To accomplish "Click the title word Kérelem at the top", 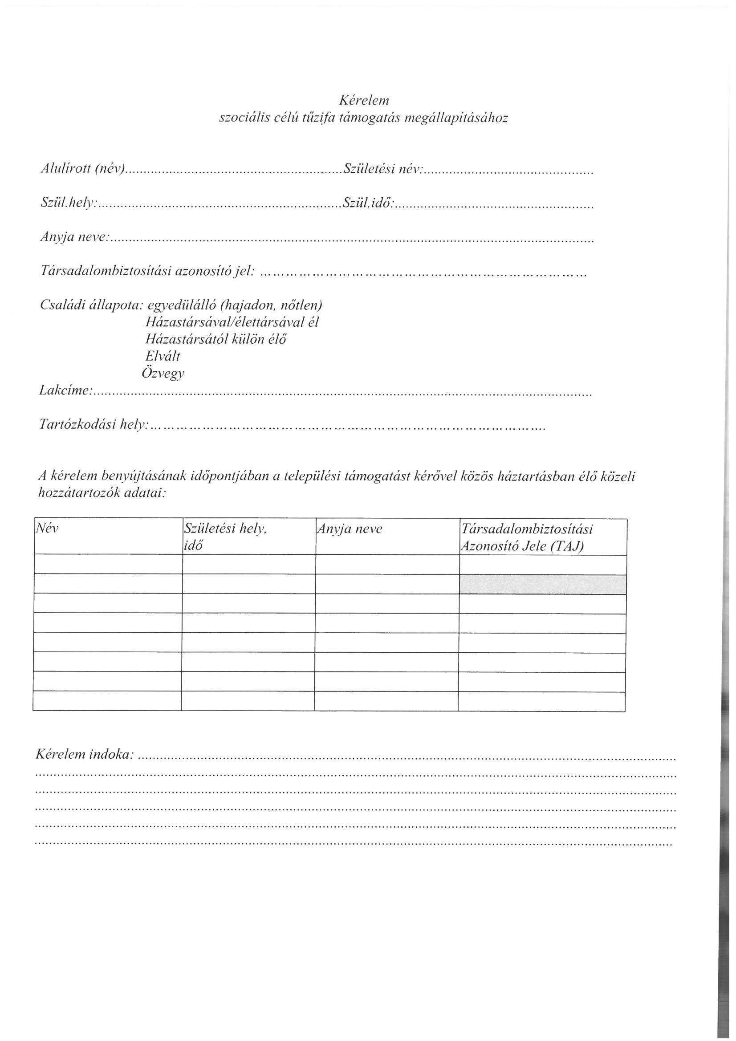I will pyautogui.click(x=364, y=100).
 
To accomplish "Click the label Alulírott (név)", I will pyautogui.click(x=82, y=169).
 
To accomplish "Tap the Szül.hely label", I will pyautogui.click(x=69, y=203).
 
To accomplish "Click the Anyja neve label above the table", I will pyautogui.click(x=75, y=237).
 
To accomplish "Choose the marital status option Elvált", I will pyautogui.click(x=163, y=356).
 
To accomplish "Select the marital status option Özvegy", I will pyautogui.click(x=163, y=374).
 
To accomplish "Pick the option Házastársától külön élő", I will pyautogui.click(x=216, y=339).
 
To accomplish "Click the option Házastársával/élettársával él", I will pyautogui.click(x=232, y=322).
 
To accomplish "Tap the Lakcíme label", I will pyautogui.click(x=66, y=390).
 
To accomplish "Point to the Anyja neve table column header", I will pyautogui.click(x=350, y=529).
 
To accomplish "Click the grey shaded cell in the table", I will pyautogui.click(x=543, y=585).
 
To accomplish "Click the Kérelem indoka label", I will pyautogui.click(x=84, y=754).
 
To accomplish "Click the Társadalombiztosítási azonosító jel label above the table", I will pyautogui.click(x=148, y=271).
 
